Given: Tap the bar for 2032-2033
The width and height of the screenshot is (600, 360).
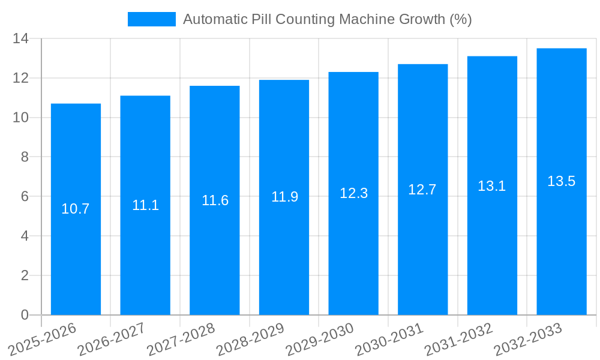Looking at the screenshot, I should tap(562, 252).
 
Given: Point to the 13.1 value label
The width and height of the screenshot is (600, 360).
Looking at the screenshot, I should tap(492, 186).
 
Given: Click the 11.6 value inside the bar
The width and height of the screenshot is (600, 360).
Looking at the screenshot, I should tap(215, 200).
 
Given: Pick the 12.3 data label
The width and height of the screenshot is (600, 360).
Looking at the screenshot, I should tap(353, 193).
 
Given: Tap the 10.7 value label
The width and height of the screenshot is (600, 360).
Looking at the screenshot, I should tap(76, 209).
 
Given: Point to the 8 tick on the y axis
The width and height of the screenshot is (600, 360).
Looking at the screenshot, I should tap(25, 157).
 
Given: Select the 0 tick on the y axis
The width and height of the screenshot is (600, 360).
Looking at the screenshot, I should tap(25, 315).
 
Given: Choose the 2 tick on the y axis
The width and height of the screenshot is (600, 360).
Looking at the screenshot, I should tap(25, 275).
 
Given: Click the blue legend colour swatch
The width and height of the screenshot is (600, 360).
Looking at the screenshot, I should tap(152, 19).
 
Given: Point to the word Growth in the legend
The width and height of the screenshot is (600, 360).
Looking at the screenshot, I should tap(423, 19).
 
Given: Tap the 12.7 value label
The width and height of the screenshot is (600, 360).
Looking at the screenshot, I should tap(422, 190).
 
